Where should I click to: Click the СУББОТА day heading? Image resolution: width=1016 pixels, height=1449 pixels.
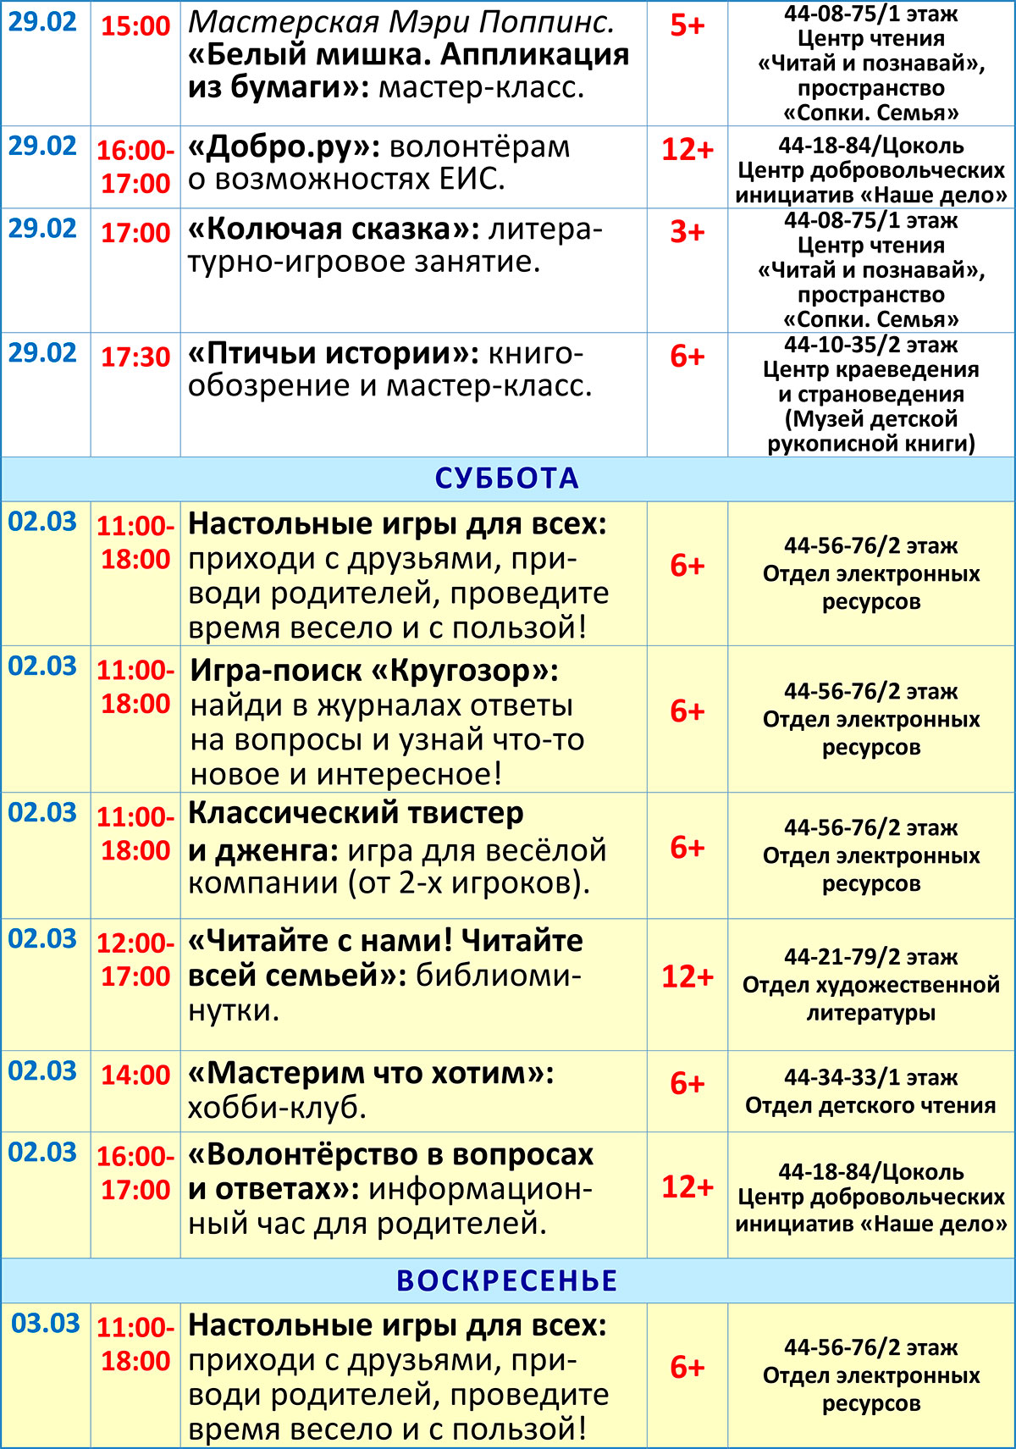[x=506, y=478]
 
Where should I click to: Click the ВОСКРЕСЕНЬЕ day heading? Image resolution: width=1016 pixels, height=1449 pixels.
[x=506, y=1280]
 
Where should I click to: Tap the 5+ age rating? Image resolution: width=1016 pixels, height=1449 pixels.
[x=687, y=25]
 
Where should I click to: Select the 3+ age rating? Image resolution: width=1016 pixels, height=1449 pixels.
[x=687, y=231]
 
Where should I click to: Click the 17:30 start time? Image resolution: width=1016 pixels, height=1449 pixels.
[x=135, y=357]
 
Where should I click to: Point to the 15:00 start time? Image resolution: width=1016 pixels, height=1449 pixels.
[x=135, y=25]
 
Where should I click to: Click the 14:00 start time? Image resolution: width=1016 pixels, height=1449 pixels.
[x=135, y=1075]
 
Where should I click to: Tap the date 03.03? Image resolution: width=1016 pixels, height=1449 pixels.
[x=46, y=1323]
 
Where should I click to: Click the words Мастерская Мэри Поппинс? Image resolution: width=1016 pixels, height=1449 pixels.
[x=401, y=22]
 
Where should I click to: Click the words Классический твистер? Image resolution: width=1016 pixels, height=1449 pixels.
[x=356, y=813]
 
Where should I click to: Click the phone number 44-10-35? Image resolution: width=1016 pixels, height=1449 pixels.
[x=833, y=345]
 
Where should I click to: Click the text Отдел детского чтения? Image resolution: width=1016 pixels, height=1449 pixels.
[x=870, y=1105]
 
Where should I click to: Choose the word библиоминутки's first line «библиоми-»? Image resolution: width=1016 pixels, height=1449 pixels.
[x=498, y=976]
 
